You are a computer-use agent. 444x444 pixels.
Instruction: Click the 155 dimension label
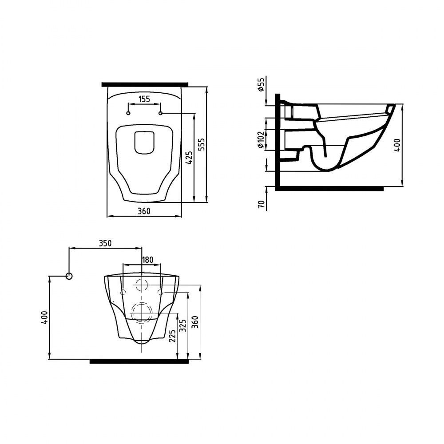[x=144, y=99]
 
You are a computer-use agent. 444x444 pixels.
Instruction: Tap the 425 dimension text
[x=190, y=158]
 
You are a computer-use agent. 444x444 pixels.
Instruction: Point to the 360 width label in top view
[x=144, y=211]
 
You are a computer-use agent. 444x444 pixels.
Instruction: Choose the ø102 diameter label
[x=261, y=139]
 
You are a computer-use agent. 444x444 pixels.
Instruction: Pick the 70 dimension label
[x=262, y=204]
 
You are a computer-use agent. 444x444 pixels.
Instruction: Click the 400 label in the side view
[x=398, y=145]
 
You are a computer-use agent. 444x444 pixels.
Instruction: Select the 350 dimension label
[x=105, y=243]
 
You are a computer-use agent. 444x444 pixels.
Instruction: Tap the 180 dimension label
[x=147, y=260]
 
